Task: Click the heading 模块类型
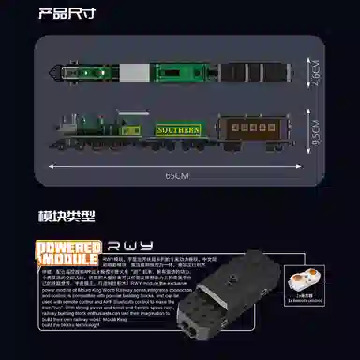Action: pyautogui.click(x=67, y=217)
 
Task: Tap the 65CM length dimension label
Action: pyautogui.click(x=178, y=174)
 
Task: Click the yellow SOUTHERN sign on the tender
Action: pyautogui.click(x=179, y=130)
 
